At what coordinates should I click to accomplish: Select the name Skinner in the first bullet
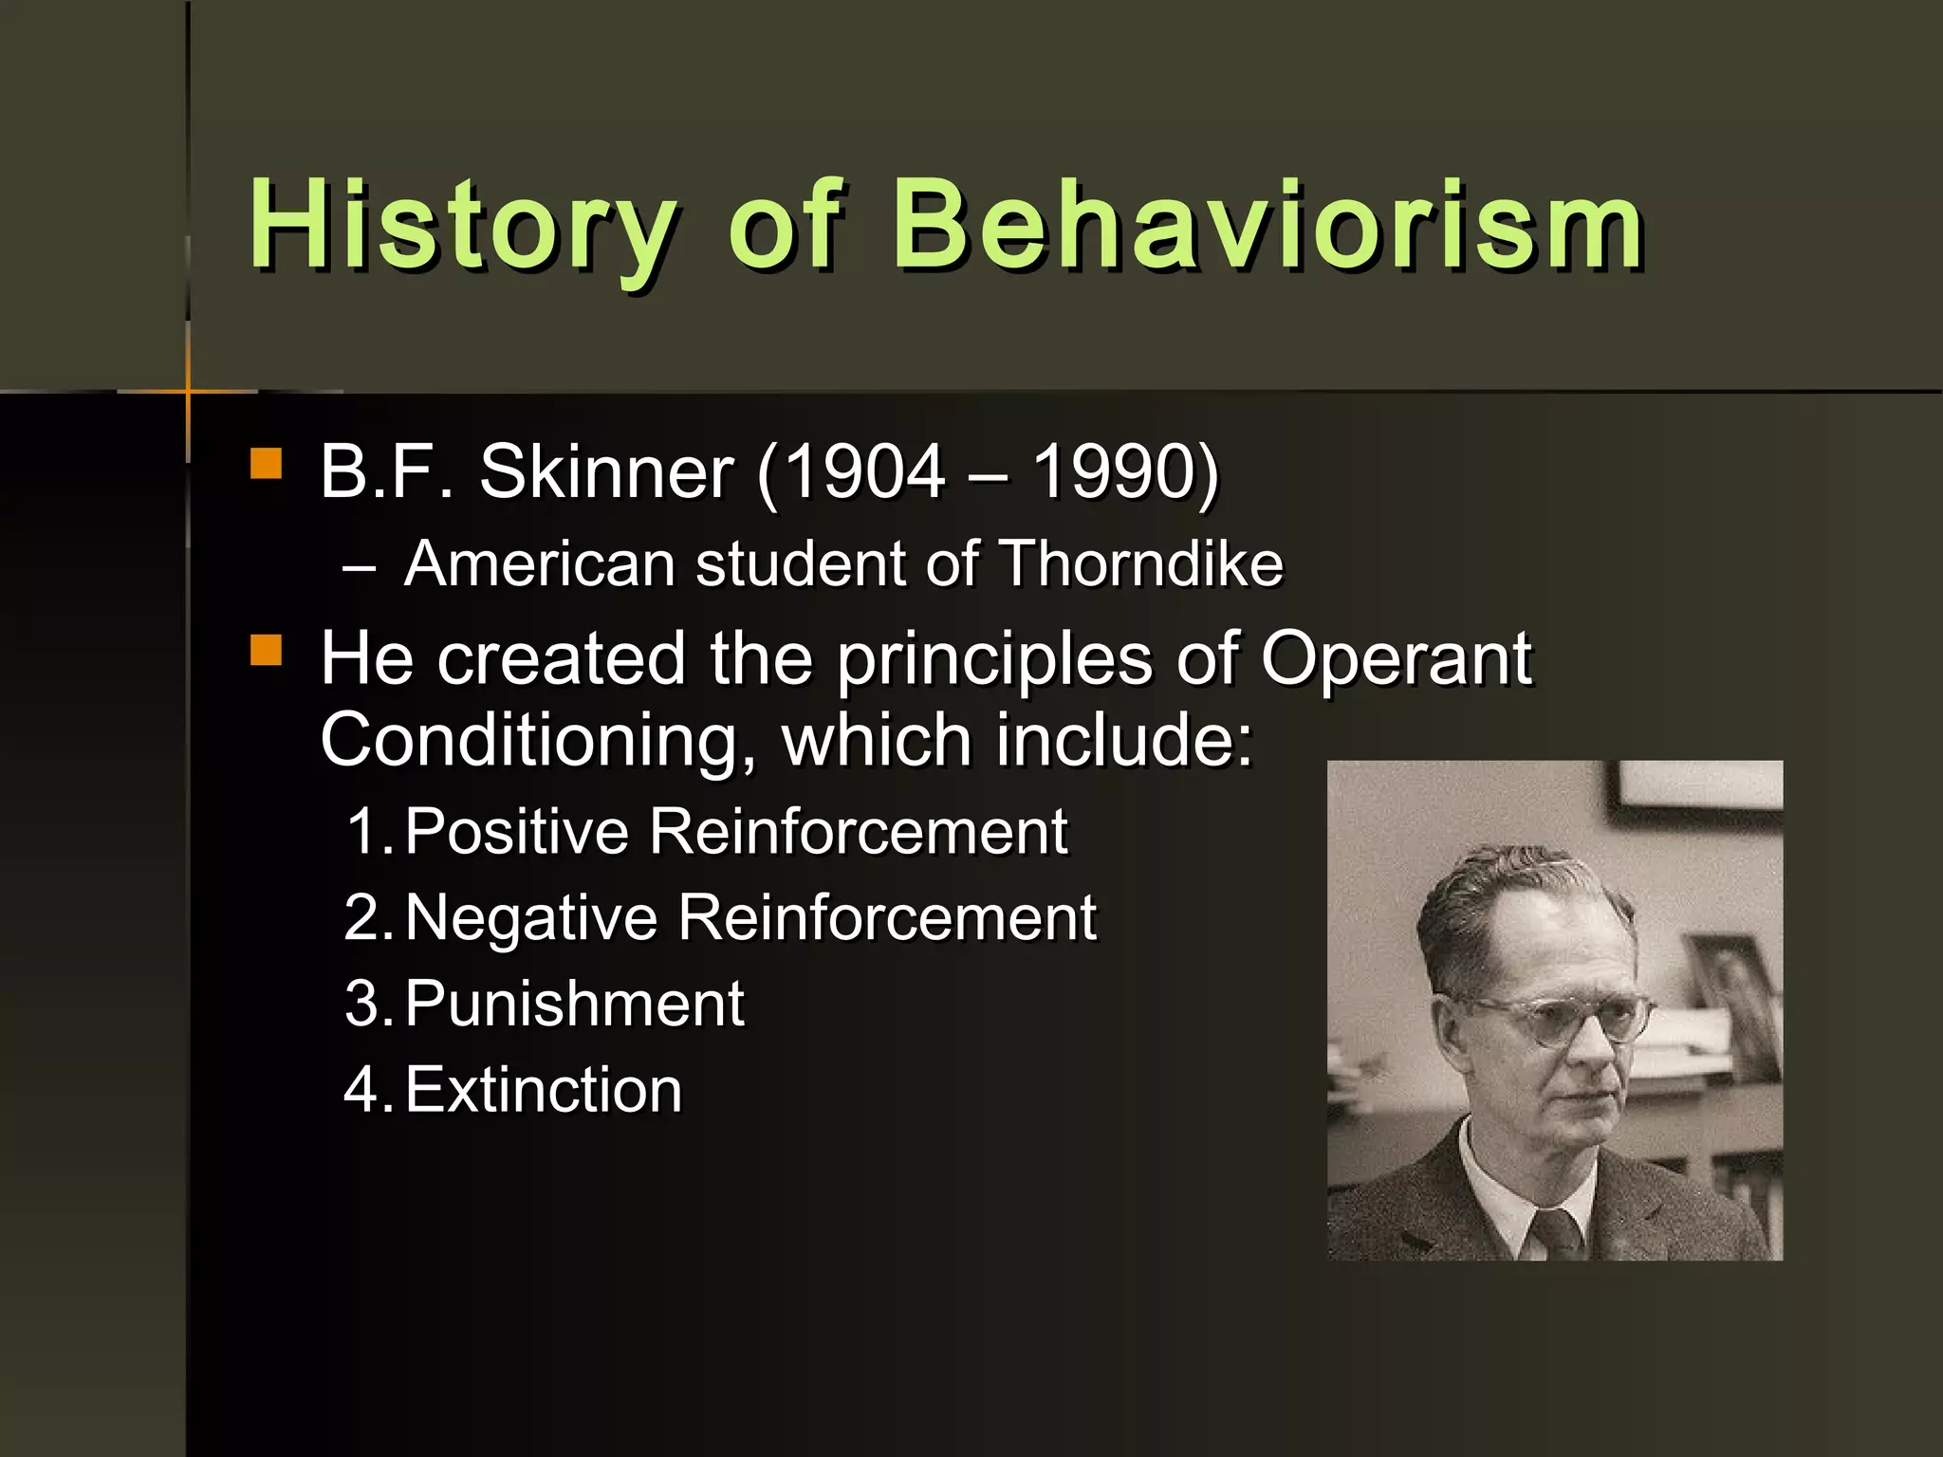606,471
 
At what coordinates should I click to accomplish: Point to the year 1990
1113,471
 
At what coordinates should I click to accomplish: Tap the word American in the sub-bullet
539,563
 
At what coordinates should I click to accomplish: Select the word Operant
1395,658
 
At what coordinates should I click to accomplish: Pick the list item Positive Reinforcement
735,831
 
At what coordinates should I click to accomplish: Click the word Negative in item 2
530,917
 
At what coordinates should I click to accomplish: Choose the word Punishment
574,1004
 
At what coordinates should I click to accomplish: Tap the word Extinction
543,1090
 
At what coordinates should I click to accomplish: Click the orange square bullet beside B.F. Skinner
266,465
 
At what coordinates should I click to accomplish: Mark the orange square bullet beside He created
266,651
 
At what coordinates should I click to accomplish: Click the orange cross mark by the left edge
188,391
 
